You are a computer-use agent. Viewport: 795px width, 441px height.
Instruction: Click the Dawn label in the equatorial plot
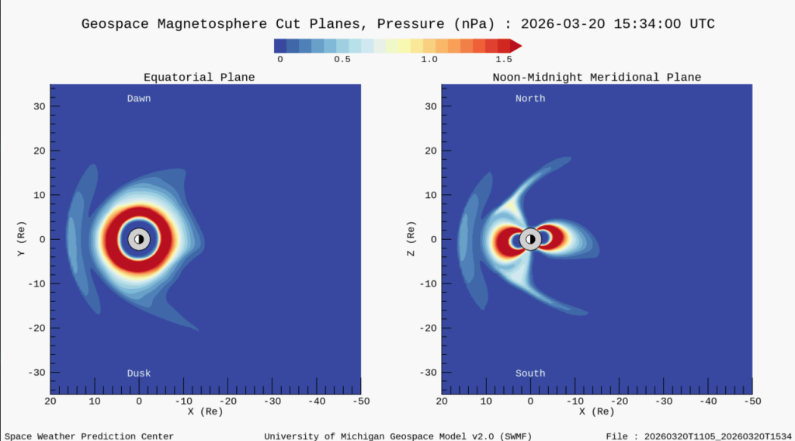pos(139,99)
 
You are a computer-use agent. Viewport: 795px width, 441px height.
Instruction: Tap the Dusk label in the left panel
pos(139,373)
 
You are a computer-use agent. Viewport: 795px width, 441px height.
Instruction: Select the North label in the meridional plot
pos(530,99)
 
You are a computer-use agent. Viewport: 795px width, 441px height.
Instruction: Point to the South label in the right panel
pos(530,373)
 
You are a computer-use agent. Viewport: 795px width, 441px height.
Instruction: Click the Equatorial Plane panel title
pos(199,77)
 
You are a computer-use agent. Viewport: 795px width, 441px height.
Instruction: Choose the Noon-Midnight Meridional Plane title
pos(596,77)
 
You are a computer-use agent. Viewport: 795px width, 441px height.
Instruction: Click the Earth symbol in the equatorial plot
pos(139,239)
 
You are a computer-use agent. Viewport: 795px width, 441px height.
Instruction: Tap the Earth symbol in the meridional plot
pos(530,239)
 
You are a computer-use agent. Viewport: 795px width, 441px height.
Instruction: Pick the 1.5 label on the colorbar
pos(504,59)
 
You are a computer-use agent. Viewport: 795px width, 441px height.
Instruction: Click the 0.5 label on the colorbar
pos(342,59)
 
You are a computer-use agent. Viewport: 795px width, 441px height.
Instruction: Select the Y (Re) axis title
pos(24,239)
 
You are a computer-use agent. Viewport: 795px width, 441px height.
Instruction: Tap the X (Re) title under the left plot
pos(205,411)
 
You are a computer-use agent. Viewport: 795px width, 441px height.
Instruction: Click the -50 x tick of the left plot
pos(360,401)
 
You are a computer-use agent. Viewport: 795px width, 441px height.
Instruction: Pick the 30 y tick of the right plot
pos(428,106)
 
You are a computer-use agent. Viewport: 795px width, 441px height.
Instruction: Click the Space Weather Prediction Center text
pos(89,436)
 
